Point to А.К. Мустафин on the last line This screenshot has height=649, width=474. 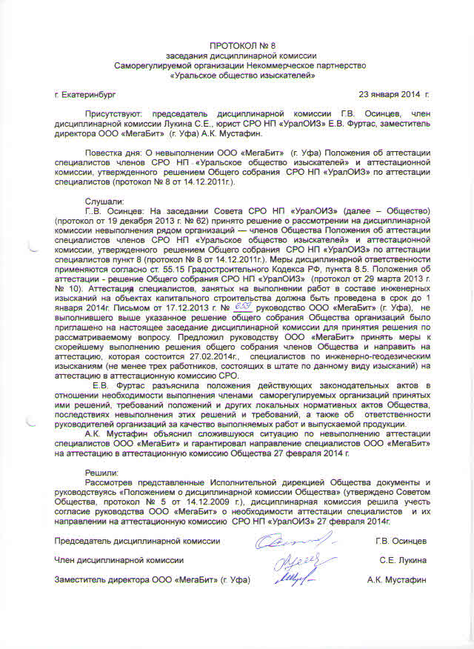397,579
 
